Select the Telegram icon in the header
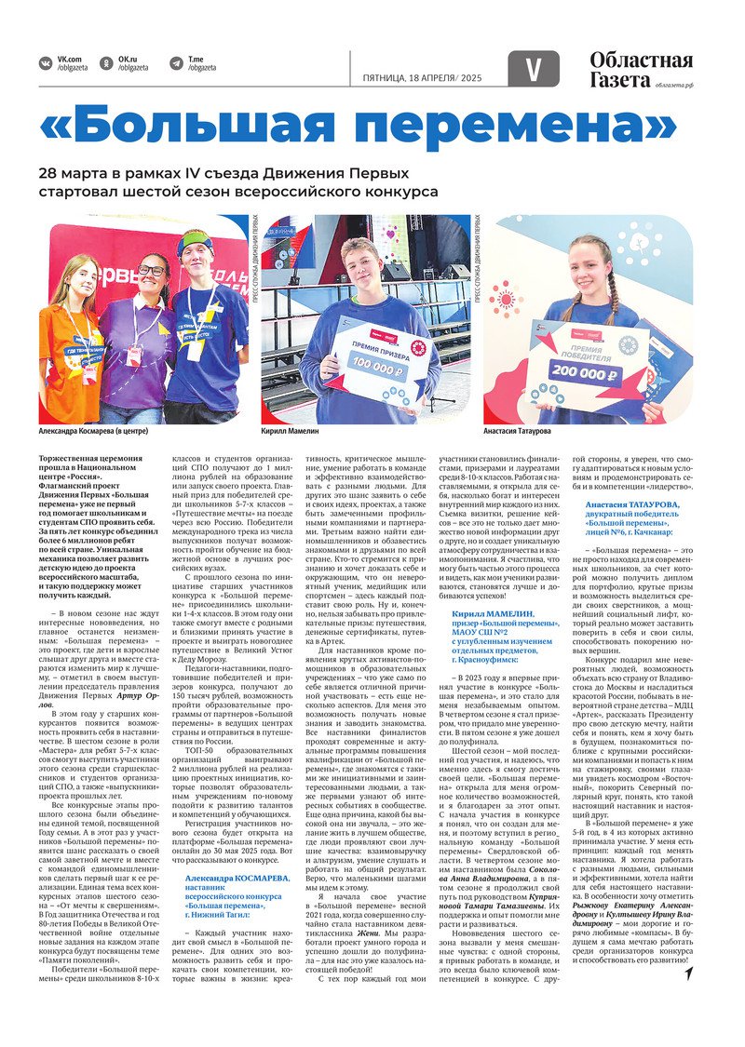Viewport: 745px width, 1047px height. [x=176, y=63]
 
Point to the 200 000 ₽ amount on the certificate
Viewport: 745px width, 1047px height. [x=602, y=375]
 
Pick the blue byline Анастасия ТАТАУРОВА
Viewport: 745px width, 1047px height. [x=633, y=503]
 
